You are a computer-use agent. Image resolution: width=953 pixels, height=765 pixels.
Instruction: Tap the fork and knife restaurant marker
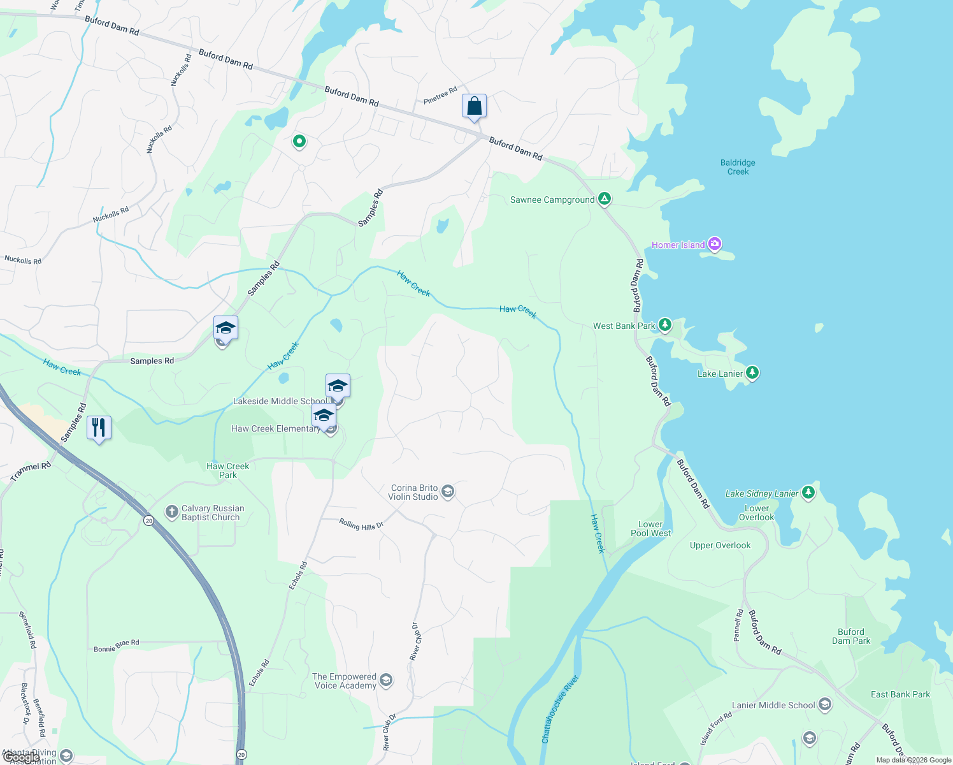pyautogui.click(x=98, y=427)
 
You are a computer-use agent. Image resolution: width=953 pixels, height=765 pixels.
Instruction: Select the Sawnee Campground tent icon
pyautogui.click(x=605, y=199)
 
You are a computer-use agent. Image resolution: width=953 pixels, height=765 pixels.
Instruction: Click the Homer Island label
pyautogui.click(x=678, y=245)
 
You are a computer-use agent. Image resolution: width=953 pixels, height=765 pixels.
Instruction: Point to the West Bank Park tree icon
pyautogui.click(x=665, y=325)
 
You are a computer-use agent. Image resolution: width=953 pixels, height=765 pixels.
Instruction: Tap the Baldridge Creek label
pyautogui.click(x=738, y=167)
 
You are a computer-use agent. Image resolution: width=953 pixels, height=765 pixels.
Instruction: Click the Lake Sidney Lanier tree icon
pyautogui.click(x=808, y=492)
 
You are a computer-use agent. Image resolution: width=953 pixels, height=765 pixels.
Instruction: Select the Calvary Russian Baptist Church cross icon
pyautogui.click(x=171, y=511)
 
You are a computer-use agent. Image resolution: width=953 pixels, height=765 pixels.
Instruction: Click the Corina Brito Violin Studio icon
pyautogui.click(x=448, y=492)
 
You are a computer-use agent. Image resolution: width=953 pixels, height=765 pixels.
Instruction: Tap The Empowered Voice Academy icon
pyautogui.click(x=385, y=681)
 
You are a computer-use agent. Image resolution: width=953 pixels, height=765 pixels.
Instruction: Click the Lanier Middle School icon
pyautogui.click(x=825, y=704)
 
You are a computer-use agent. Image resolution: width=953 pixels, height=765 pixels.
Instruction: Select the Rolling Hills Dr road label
pyautogui.click(x=361, y=525)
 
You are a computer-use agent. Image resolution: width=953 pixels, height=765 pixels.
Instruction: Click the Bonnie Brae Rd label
pyautogui.click(x=117, y=646)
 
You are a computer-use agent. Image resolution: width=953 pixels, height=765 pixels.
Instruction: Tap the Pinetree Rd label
pyautogui.click(x=440, y=96)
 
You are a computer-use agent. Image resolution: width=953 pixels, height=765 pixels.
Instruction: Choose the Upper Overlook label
pyautogui.click(x=720, y=545)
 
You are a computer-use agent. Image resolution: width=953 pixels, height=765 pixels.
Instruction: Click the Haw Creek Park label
pyautogui.click(x=227, y=470)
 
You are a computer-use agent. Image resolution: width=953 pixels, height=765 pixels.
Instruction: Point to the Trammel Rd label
pyautogui.click(x=31, y=472)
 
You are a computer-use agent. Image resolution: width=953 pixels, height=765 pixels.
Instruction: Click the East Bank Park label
pyautogui.click(x=900, y=694)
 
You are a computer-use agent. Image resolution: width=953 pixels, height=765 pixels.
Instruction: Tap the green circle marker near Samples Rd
pyautogui.click(x=299, y=141)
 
